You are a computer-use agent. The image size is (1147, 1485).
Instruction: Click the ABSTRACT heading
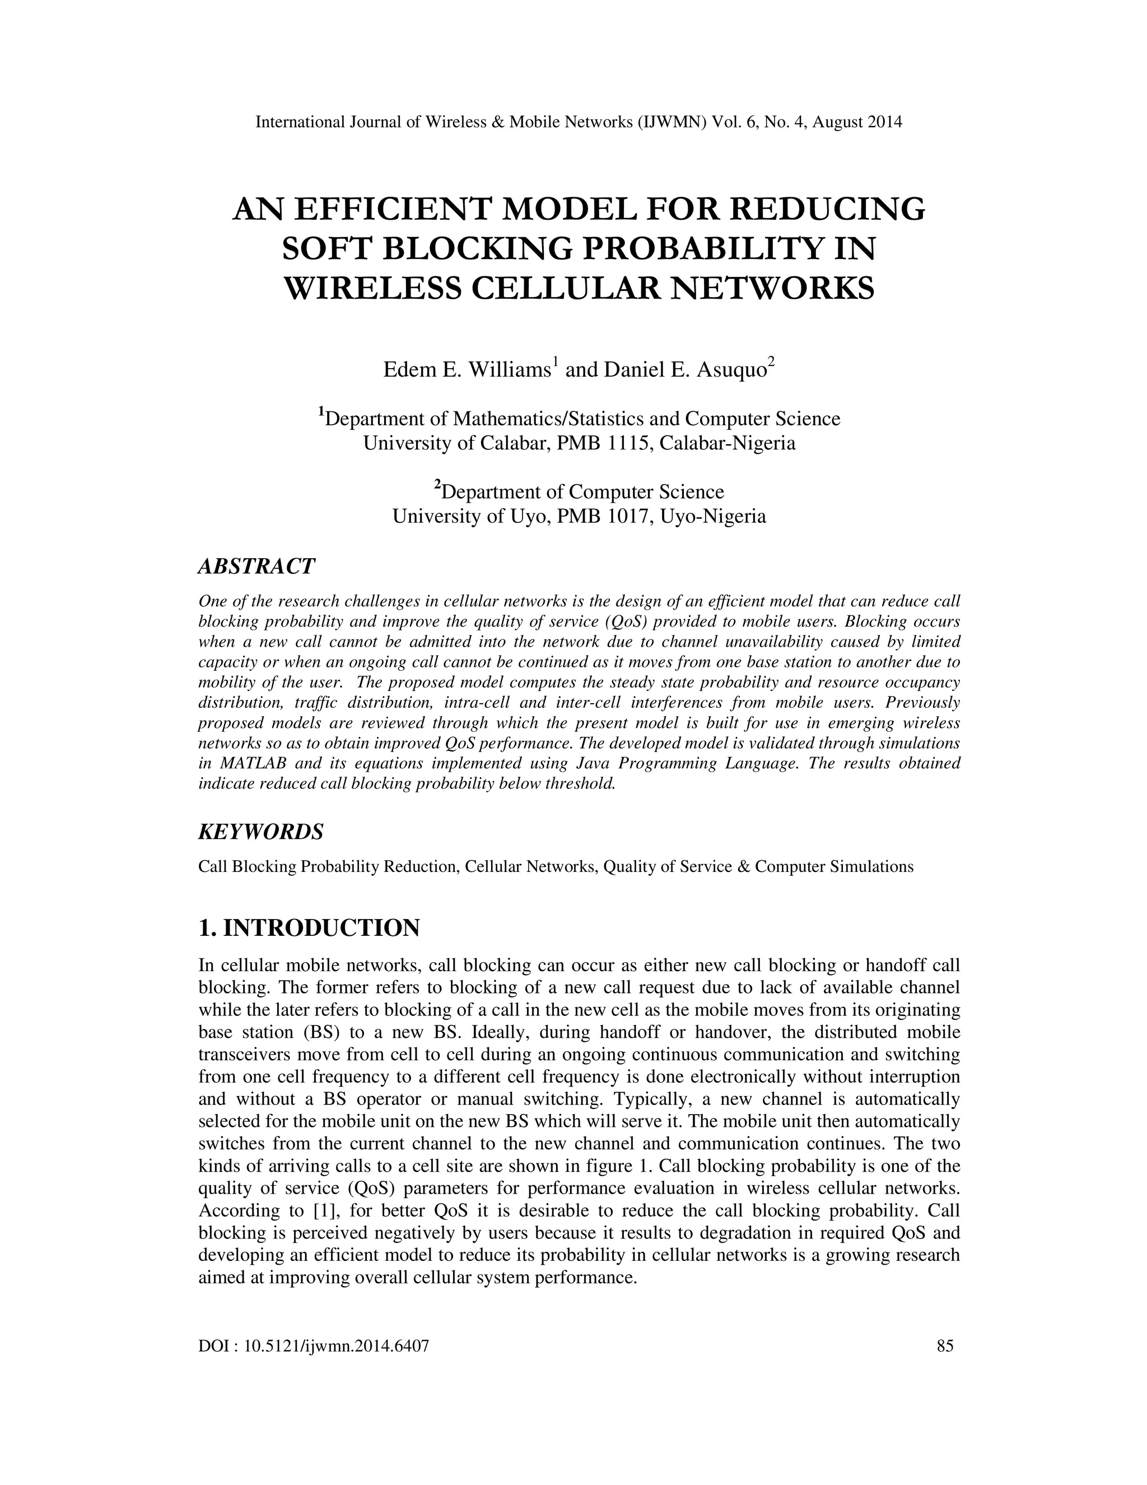(256, 566)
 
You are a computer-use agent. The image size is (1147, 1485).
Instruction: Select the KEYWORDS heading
(260, 831)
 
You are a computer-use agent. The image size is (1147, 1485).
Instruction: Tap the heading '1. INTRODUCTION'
(309, 927)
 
